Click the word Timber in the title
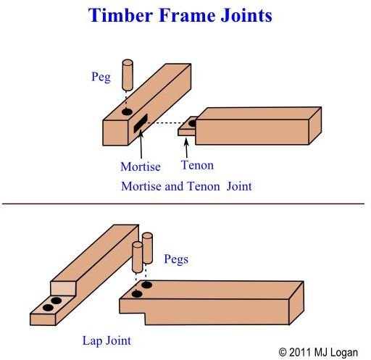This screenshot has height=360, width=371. click(x=120, y=15)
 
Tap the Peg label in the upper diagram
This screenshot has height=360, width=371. click(x=101, y=78)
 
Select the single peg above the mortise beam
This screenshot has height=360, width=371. click(x=128, y=75)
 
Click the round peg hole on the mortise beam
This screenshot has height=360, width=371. click(x=127, y=112)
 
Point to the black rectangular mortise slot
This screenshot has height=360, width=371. click(x=141, y=123)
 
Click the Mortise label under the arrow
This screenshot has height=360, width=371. click(x=141, y=167)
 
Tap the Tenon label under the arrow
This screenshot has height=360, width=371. click(x=197, y=165)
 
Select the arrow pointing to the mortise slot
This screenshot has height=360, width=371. click(x=141, y=144)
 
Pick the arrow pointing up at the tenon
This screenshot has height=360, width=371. click(x=186, y=148)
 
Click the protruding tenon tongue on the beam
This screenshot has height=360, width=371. click(x=187, y=126)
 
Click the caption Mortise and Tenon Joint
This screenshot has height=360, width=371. click(x=186, y=186)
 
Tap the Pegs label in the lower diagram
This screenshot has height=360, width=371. click(x=176, y=259)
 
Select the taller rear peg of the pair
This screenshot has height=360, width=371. click(x=147, y=248)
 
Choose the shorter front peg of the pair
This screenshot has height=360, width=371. click(x=138, y=257)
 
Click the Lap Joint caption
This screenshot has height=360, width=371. click(x=107, y=341)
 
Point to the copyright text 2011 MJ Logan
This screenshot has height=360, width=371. click(x=318, y=352)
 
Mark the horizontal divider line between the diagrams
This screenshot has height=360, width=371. click(x=183, y=204)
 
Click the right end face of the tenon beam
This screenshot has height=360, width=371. click(x=315, y=126)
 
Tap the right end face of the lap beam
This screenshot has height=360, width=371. click(x=296, y=303)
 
